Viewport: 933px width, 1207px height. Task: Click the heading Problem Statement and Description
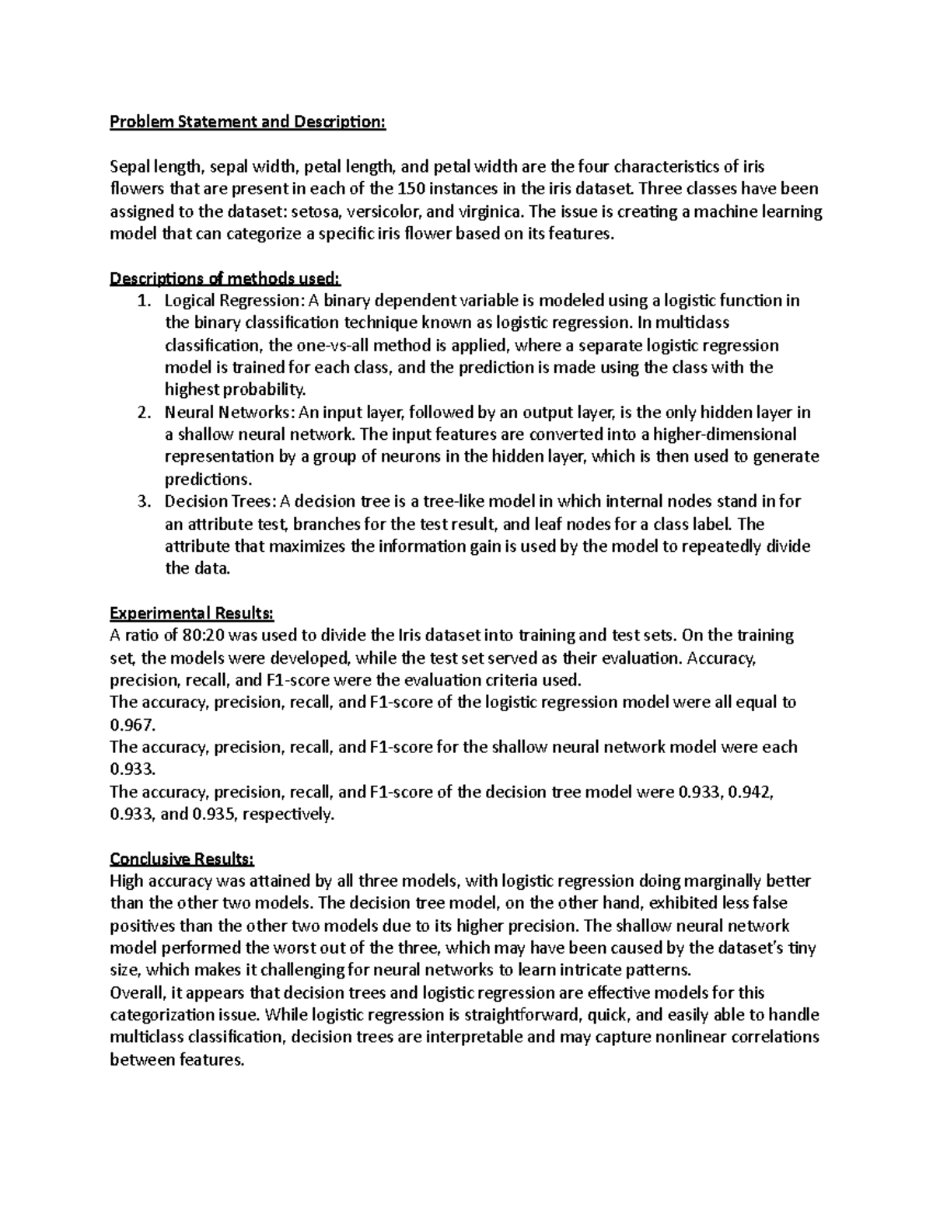click(247, 122)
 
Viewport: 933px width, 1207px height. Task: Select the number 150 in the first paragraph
click(411, 189)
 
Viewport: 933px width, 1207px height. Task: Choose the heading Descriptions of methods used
click(225, 278)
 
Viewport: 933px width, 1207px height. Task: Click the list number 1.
click(143, 301)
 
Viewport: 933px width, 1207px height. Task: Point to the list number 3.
click(143, 501)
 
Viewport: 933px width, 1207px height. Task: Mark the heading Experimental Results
click(192, 614)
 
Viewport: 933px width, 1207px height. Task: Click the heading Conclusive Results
click(182, 860)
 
